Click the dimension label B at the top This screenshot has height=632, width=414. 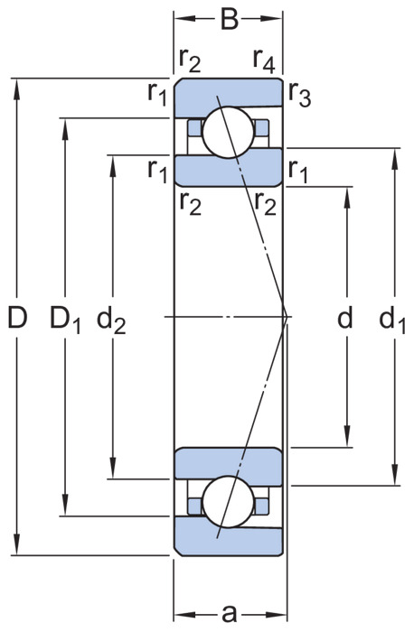[x=230, y=19]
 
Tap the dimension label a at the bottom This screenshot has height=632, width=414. [x=230, y=615]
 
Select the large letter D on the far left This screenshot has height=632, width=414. [x=17, y=317]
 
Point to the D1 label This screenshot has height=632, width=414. [x=65, y=320]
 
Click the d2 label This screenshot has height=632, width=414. [x=111, y=320]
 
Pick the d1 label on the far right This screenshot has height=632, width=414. [x=392, y=320]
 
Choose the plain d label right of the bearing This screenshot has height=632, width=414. [x=345, y=317]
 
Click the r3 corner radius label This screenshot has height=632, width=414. [x=299, y=96]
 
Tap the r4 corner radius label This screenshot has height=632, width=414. [x=264, y=61]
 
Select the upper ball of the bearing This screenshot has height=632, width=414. [x=229, y=132]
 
